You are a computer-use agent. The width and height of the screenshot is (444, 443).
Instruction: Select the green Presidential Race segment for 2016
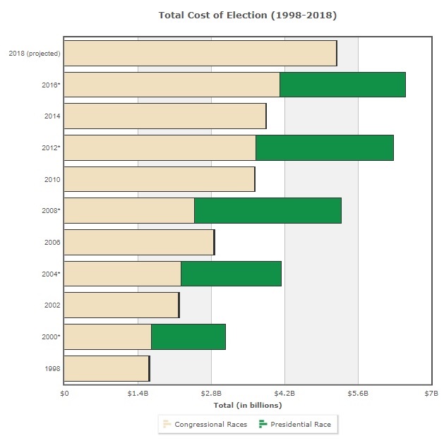[x=342, y=85]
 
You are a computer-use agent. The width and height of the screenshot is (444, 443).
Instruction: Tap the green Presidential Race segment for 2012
[x=324, y=147]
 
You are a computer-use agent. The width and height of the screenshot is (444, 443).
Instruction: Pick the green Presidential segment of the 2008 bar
[x=268, y=211]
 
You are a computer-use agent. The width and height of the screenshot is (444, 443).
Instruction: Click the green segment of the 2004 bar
[x=231, y=274]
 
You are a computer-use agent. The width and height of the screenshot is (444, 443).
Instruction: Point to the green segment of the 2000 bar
[x=188, y=336]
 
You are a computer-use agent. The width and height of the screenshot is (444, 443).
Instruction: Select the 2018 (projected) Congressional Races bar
[x=200, y=54]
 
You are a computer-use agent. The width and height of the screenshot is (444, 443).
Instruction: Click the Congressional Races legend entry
[x=205, y=424]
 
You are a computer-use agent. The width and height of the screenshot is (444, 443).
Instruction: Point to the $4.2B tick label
[x=284, y=394]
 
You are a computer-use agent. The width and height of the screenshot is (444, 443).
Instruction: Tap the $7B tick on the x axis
[x=431, y=394]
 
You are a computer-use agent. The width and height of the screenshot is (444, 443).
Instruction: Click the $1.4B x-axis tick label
[x=138, y=394]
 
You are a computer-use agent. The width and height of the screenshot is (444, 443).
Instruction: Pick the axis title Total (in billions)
[x=247, y=405]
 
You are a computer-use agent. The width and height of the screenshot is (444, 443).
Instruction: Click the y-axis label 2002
[x=52, y=305]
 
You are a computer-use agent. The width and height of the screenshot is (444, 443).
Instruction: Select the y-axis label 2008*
[x=51, y=211]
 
